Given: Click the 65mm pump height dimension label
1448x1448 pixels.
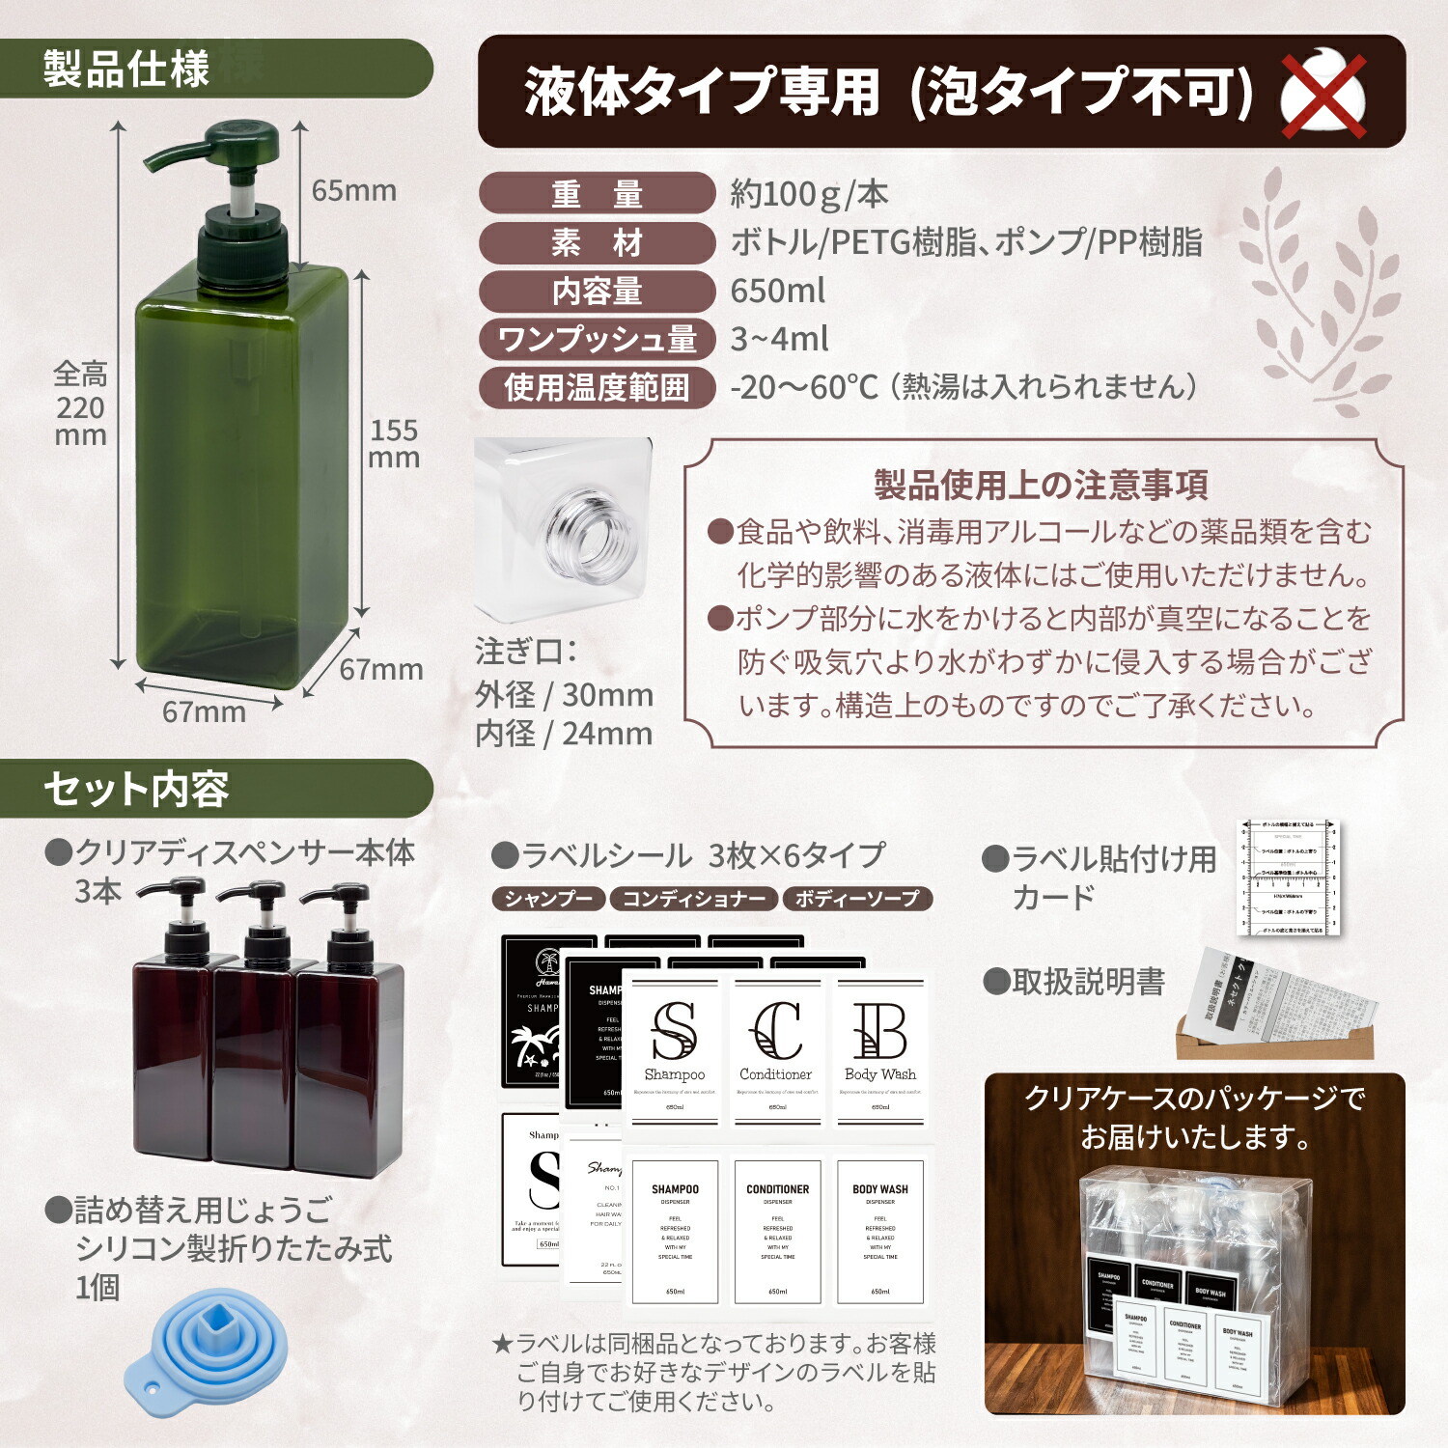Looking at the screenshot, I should coord(353,190).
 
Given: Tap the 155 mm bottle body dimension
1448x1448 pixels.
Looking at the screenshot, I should coord(394,443).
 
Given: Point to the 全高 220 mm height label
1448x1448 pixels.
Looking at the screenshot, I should coord(80,404).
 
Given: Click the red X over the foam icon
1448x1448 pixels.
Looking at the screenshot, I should coord(1323,95).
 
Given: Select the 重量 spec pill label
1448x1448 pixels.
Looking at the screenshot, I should coord(597,194).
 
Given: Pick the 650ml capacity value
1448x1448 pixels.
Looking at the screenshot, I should coord(778,291).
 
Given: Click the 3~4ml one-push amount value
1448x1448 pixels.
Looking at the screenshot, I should coord(779,339).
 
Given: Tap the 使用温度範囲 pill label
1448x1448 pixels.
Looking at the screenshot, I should coord(597,388).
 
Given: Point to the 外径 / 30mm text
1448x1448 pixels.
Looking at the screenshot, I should coord(564,694).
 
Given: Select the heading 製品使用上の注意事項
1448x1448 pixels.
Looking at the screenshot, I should coord(1041,485).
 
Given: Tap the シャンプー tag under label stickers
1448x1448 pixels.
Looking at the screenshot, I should coord(548,899).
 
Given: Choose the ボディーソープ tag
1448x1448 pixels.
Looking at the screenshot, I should coord(857,899).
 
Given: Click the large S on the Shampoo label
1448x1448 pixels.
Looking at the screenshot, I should coord(674,1031).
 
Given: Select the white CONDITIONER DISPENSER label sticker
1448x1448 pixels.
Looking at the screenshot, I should coord(777,1231).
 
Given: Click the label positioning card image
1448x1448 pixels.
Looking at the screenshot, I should coord(1289,877).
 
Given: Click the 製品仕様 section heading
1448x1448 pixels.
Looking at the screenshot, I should coord(126,69).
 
